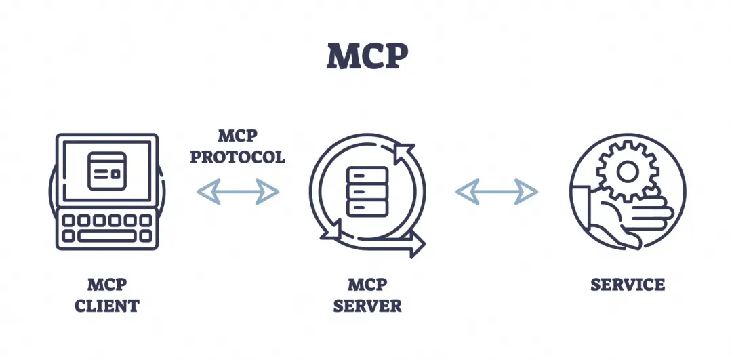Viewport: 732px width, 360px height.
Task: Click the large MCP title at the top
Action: [367, 56]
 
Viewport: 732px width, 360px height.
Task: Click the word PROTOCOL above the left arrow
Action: [238, 157]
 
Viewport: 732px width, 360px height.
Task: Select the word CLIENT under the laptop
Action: [107, 306]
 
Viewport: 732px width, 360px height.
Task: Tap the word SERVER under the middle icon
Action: [367, 306]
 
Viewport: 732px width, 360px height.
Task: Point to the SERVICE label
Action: [628, 284]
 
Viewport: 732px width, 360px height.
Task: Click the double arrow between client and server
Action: [238, 191]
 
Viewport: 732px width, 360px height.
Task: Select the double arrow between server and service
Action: [497, 191]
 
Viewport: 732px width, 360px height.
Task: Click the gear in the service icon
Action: [628, 172]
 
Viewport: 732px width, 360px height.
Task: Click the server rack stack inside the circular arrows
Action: [367, 191]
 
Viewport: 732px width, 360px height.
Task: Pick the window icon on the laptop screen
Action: [107, 171]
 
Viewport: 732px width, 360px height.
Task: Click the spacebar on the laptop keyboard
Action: [107, 236]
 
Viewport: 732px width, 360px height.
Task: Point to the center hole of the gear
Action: [628, 172]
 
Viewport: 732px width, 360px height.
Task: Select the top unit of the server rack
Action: [367, 175]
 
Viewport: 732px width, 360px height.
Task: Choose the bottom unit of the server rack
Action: [367, 208]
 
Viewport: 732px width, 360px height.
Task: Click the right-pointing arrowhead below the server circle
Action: [416, 244]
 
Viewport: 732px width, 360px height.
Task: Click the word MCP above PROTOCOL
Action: [238, 136]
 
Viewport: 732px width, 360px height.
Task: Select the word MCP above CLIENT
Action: [107, 284]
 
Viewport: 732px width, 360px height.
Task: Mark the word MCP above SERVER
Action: [367, 284]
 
